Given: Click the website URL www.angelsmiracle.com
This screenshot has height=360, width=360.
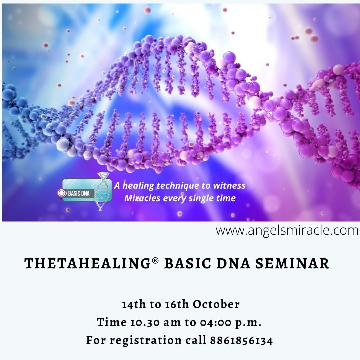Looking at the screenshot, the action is [287, 230].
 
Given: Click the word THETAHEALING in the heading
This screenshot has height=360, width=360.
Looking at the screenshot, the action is [87, 264].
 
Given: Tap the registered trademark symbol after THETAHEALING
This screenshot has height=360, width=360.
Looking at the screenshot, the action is [155, 261].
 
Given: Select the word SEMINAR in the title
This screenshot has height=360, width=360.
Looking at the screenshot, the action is [292, 264].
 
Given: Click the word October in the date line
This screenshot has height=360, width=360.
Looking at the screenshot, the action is [216, 304].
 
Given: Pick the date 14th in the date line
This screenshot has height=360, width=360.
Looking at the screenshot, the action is [134, 304].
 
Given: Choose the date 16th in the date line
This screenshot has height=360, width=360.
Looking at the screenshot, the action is [177, 304].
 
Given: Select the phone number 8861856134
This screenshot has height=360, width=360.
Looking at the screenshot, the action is [241, 340].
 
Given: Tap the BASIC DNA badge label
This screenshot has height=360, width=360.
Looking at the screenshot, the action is [79, 193].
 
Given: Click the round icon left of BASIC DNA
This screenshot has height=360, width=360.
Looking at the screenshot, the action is [62, 193].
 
